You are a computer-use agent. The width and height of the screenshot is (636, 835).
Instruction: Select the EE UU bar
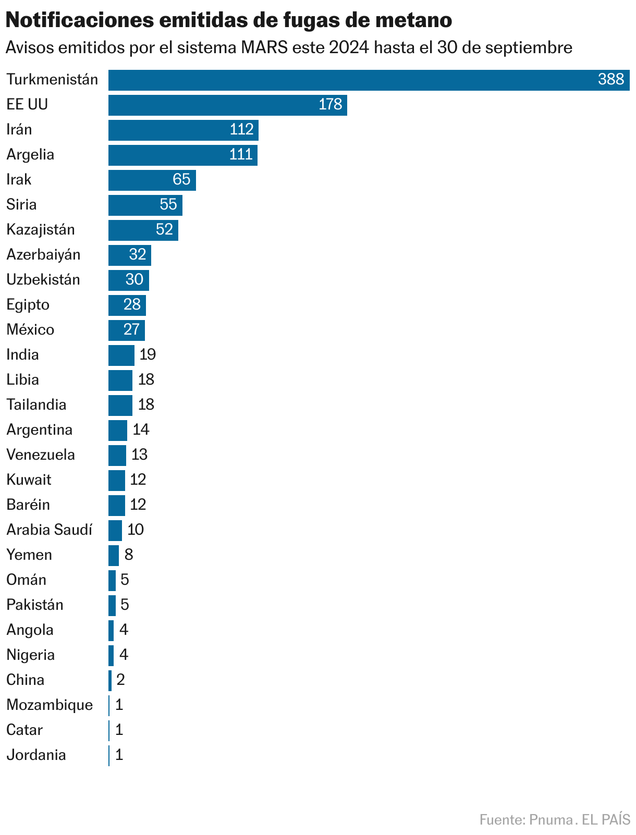227,105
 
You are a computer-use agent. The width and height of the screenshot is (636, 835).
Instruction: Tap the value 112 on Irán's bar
241,130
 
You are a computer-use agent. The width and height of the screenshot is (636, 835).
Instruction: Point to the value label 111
241,155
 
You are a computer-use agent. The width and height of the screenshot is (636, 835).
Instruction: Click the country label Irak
19,180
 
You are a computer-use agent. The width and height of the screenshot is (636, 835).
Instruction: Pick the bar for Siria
145,205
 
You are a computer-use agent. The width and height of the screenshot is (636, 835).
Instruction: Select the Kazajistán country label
41,230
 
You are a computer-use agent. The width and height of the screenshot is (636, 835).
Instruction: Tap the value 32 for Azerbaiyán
138,255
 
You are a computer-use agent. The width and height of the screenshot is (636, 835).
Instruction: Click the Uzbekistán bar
128,280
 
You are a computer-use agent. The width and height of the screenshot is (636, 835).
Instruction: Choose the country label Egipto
28,305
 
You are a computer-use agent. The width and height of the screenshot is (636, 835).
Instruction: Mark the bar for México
126,330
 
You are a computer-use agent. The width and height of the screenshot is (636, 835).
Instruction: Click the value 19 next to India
148,355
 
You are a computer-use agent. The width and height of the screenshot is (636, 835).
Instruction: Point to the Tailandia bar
120,406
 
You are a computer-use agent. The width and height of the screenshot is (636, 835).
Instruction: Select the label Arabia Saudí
49,530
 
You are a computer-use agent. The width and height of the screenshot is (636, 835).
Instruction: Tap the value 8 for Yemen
129,555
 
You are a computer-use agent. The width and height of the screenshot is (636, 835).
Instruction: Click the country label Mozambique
50,705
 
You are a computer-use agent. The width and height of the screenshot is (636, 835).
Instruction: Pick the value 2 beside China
120,680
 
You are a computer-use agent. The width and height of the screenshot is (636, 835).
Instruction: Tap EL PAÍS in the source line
606,820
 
